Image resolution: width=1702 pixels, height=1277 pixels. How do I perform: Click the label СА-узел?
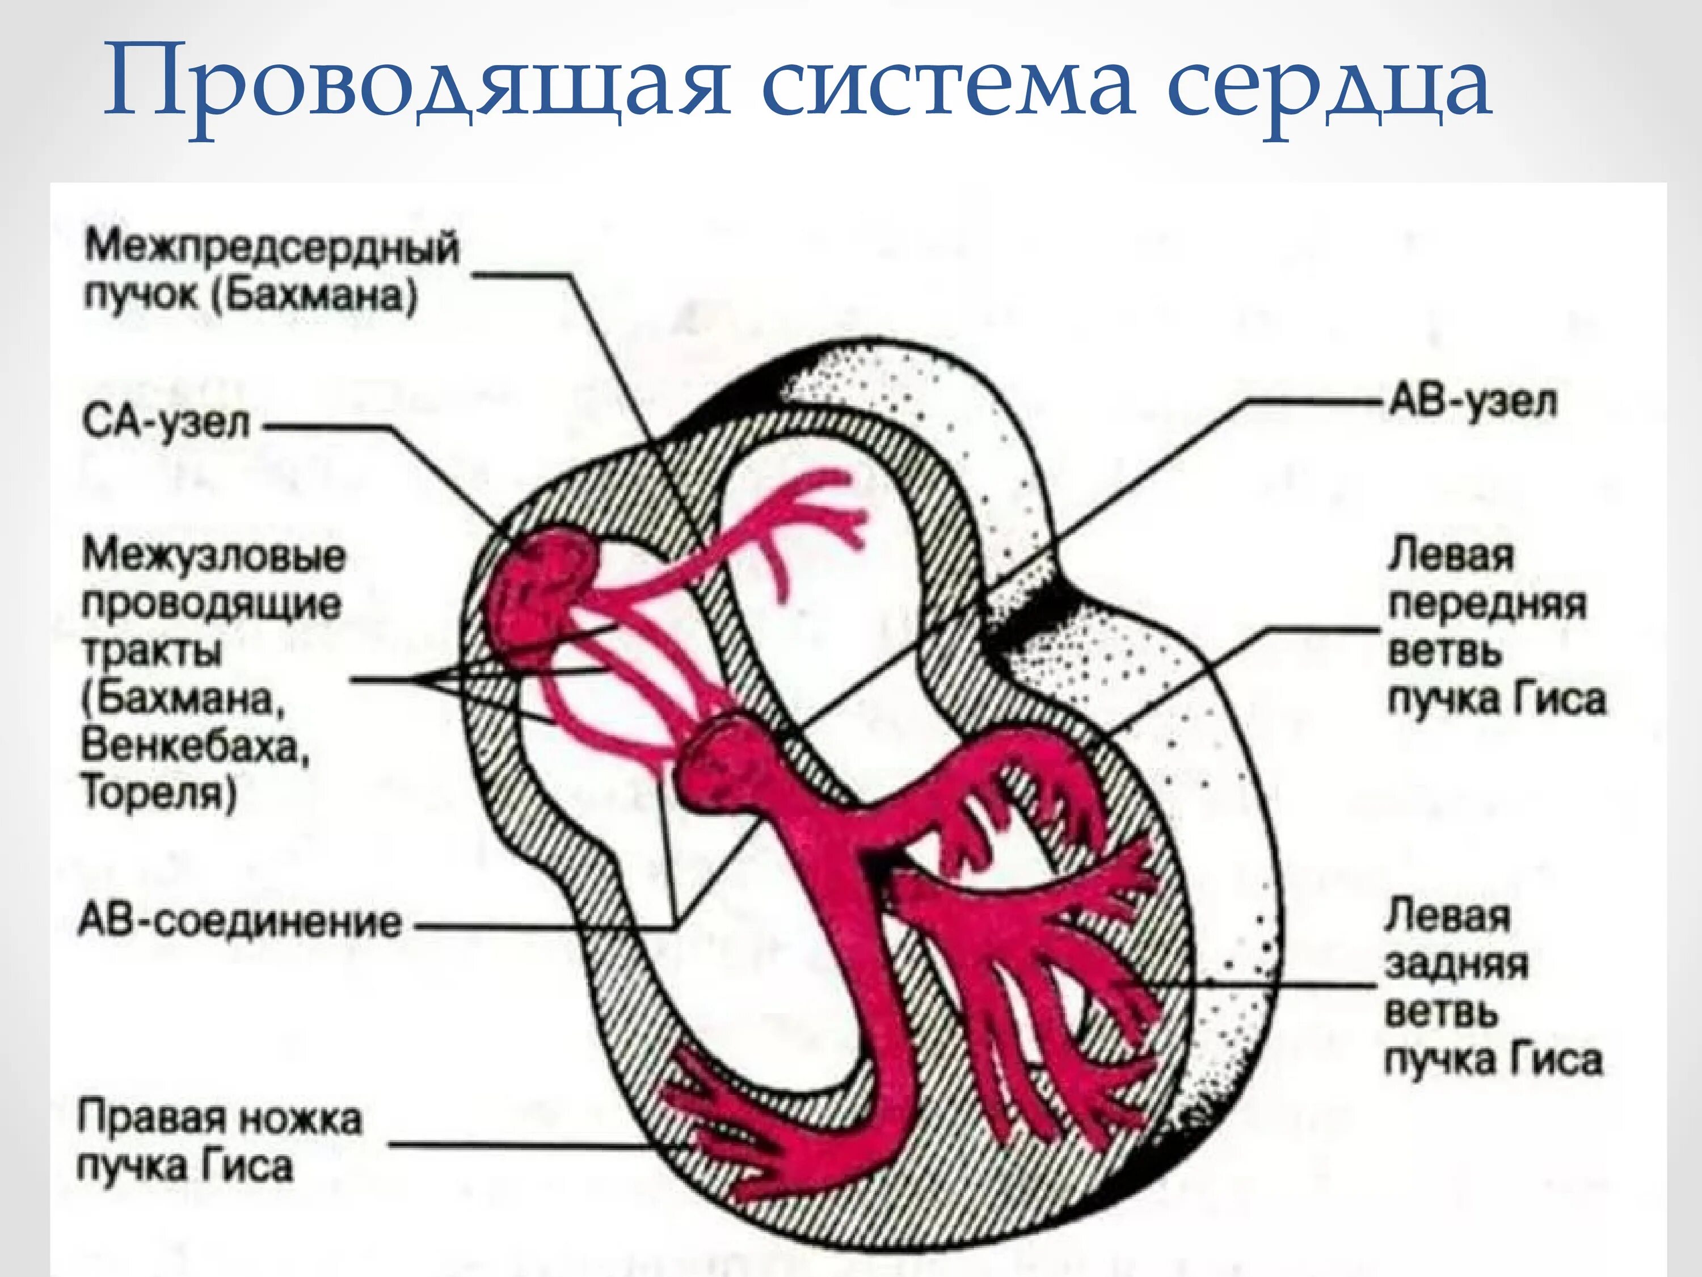[166, 424]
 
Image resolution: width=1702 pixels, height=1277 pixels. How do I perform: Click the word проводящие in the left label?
[212, 605]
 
